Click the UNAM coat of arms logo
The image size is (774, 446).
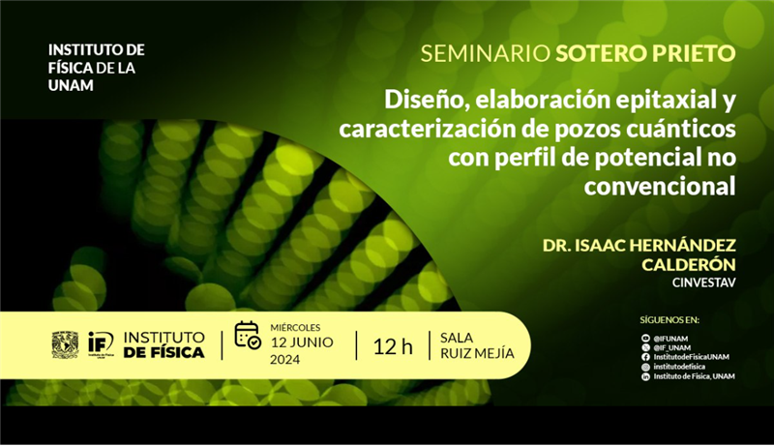(65, 344)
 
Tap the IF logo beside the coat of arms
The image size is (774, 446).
(101, 343)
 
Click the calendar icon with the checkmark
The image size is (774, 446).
(248, 335)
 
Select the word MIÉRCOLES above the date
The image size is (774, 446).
(295, 328)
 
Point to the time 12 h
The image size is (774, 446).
(393, 346)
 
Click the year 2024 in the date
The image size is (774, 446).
(284, 360)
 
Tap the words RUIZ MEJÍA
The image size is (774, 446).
(477, 353)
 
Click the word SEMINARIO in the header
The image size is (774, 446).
(486, 54)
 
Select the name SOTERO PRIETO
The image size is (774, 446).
(645, 54)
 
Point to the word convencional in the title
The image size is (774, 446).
(660, 187)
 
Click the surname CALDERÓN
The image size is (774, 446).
(689, 264)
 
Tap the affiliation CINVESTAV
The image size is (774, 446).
(704, 283)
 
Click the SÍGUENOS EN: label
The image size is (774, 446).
(670, 320)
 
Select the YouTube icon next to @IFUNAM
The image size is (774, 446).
(645, 339)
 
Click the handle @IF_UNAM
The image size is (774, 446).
(672, 348)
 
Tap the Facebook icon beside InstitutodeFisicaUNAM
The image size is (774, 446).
(645, 357)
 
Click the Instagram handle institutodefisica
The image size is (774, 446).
(679, 367)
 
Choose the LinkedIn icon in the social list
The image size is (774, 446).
(645, 377)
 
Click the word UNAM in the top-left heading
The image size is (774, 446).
(71, 85)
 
